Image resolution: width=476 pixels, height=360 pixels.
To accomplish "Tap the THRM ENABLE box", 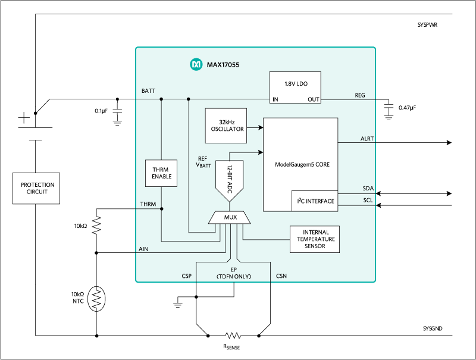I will tap(161, 173).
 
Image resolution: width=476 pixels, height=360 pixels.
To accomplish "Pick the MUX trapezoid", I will tap(230, 218).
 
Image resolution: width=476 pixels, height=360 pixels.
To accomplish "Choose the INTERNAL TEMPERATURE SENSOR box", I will tap(314, 239).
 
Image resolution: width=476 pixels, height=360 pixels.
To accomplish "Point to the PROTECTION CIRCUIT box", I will tap(36, 189).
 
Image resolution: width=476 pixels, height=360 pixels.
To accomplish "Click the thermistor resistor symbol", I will tap(96, 299).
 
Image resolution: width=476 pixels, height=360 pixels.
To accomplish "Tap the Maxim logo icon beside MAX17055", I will tap(195, 64).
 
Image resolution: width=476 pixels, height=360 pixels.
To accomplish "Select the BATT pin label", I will tap(148, 91).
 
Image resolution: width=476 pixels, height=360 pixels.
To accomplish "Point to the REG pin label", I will tap(360, 95).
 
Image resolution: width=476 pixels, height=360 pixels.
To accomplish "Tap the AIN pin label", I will tap(143, 250).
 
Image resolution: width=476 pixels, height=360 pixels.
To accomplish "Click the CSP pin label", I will tap(186, 276).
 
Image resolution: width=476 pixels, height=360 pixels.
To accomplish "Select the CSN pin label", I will tap(281, 276).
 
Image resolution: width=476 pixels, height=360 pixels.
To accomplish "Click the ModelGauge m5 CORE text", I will tap(302, 164).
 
